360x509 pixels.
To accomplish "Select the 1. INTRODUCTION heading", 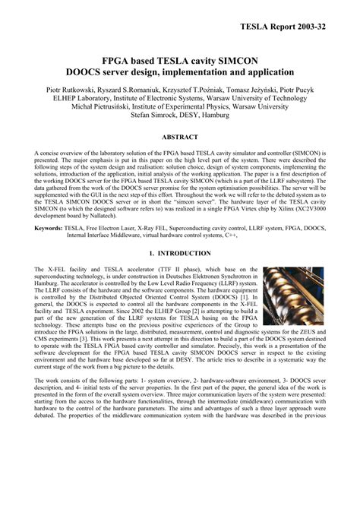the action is (179, 253).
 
